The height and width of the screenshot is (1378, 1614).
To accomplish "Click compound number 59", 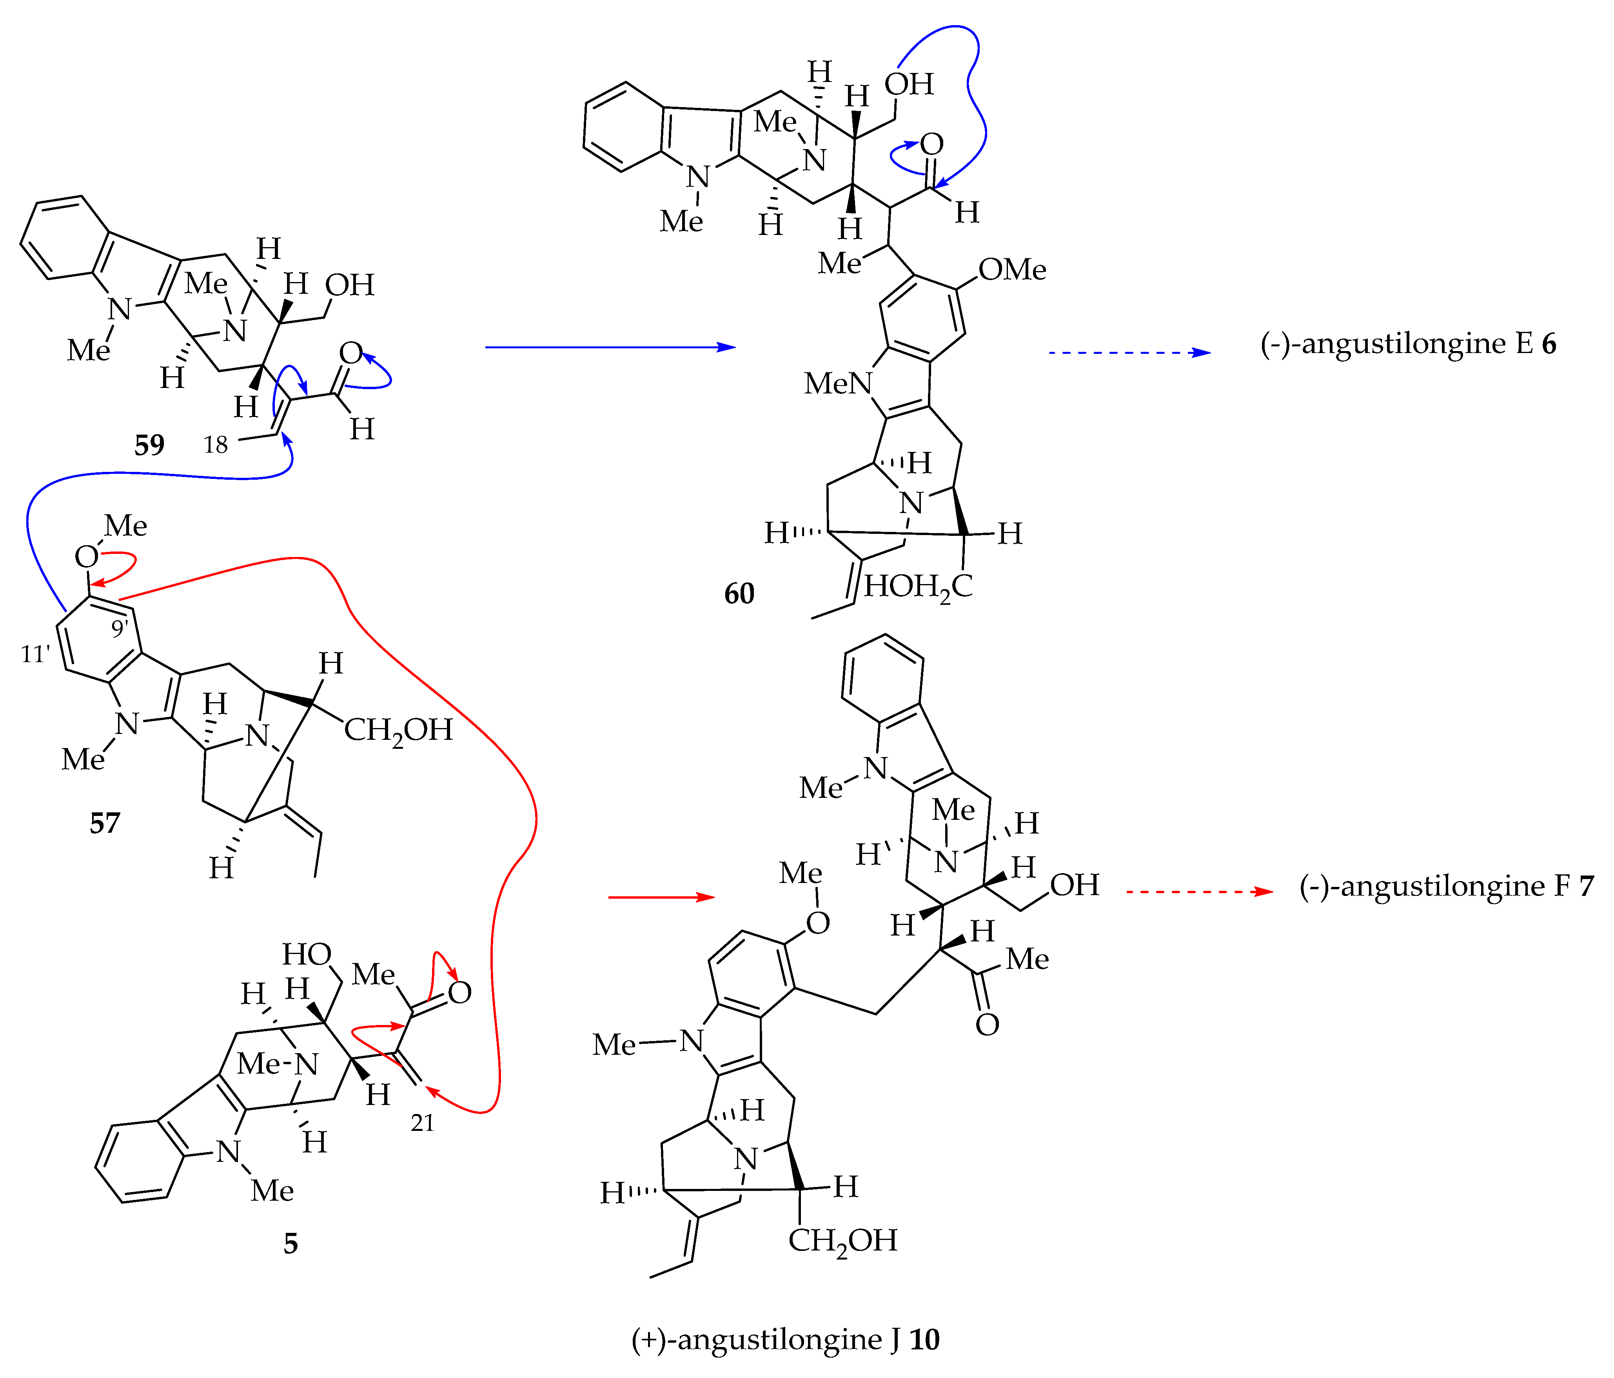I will tap(149, 445).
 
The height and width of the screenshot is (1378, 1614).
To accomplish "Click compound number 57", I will tap(105, 823).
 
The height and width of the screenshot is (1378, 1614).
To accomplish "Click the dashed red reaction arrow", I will tap(1200, 891).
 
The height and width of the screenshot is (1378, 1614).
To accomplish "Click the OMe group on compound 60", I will tap(1012, 269).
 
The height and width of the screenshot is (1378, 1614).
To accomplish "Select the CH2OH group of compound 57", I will tap(398, 730).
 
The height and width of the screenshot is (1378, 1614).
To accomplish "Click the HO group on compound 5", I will tap(307, 954).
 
